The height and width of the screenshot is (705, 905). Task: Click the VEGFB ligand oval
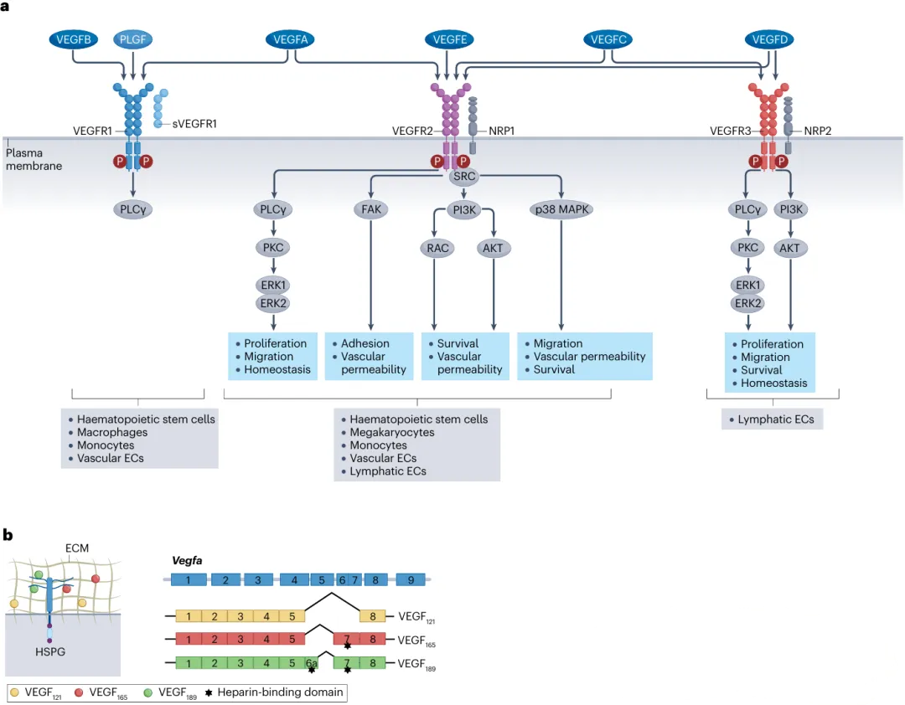(73, 39)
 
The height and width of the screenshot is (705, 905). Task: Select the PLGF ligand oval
(134, 39)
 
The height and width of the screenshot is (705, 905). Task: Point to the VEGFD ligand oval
(768, 39)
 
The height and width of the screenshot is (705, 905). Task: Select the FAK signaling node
(370, 210)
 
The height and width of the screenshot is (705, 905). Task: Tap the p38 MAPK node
(561, 210)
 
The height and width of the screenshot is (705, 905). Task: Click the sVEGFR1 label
(194, 124)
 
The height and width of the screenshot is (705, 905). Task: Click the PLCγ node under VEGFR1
(134, 210)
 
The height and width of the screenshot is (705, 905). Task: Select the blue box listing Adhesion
(370, 356)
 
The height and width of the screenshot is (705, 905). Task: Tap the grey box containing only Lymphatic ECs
(772, 419)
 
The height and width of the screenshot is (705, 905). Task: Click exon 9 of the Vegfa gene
(411, 579)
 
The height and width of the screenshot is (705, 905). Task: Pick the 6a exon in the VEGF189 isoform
(311, 663)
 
